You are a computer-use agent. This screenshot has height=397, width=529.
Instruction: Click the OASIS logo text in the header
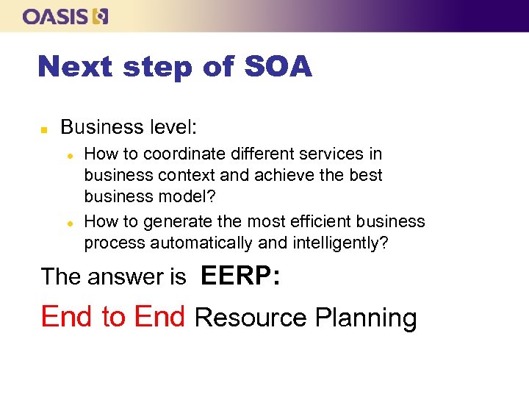tap(55, 16)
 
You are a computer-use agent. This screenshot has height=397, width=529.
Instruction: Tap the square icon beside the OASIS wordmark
tap(101, 16)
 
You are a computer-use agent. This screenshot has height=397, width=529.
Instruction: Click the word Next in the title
tap(73, 67)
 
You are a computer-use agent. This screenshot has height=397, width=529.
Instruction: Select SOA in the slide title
tap(278, 67)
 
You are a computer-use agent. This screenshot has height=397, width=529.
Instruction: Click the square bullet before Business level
tap(43, 129)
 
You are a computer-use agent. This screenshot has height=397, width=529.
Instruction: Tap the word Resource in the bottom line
tap(251, 318)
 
